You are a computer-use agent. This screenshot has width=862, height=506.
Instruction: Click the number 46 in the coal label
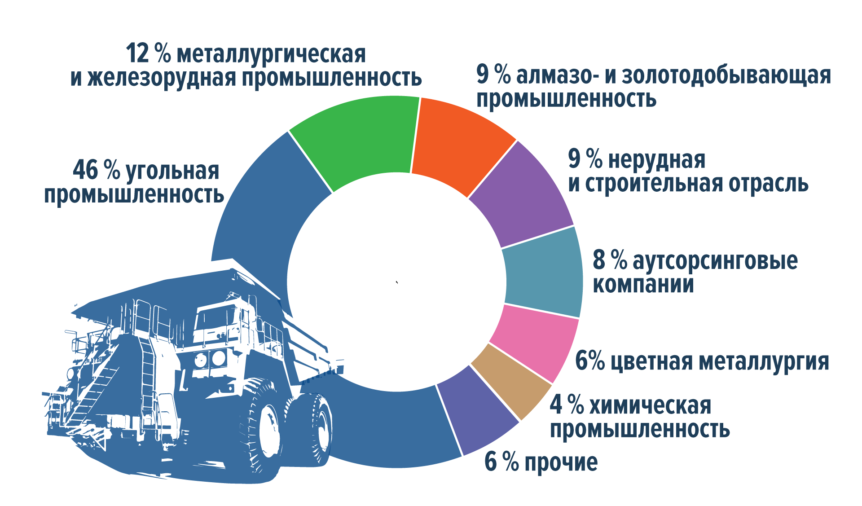tap(85, 170)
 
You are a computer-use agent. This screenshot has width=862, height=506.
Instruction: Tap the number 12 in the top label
tap(137, 53)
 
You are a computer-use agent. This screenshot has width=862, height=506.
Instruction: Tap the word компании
tap(643, 284)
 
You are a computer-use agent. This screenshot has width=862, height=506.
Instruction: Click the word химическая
tap(650, 405)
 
